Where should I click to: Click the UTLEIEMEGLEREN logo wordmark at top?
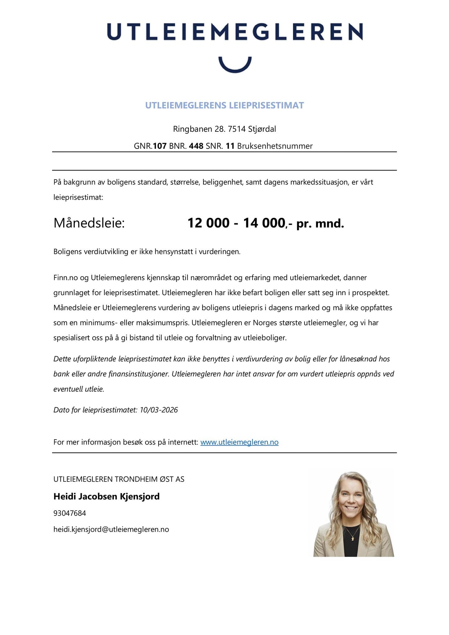coord(235,31)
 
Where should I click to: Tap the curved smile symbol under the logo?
coord(235,65)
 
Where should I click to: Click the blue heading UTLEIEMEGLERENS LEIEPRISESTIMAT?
coord(225,105)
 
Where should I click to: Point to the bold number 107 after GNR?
coord(160,146)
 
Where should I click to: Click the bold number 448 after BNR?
coord(196,146)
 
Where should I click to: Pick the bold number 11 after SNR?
coord(230,146)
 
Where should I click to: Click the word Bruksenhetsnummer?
coord(275,146)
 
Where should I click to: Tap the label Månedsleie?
coord(89,223)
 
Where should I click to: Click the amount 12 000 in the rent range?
coord(208,223)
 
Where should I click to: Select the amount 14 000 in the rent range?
coord(264,223)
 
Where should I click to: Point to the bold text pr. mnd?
coord(320,224)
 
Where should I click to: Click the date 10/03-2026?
coord(159,410)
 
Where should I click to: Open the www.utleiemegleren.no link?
coord(239,442)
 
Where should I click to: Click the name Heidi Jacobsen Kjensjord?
coord(106,496)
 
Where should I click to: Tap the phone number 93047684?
coord(69,513)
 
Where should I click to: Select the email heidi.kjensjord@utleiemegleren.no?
coord(111,529)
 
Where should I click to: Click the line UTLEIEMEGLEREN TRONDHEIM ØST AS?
coord(119,479)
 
